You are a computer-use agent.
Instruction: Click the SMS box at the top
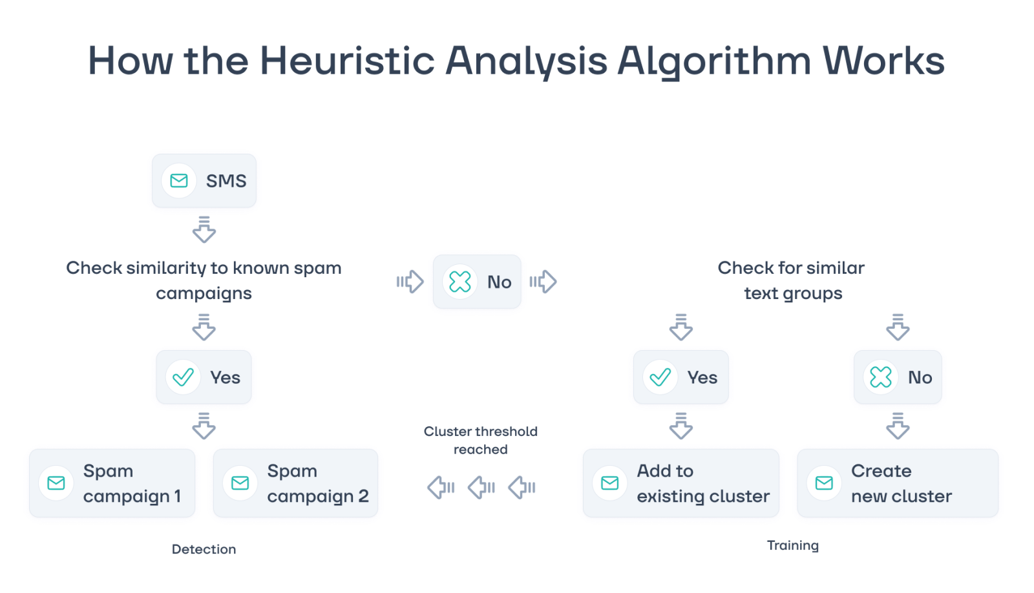tap(204, 180)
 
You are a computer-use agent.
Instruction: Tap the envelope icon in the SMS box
tap(178, 180)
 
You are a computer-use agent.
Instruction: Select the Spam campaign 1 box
tap(112, 483)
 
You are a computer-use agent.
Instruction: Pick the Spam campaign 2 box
tap(295, 483)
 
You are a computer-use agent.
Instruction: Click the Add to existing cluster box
tap(681, 483)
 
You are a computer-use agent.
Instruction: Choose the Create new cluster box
tap(898, 483)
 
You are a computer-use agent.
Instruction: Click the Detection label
tap(204, 549)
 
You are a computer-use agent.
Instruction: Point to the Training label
tap(792, 546)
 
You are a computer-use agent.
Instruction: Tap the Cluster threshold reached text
tap(481, 441)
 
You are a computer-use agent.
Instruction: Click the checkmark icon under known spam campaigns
tap(184, 377)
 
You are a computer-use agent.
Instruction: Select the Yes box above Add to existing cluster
tap(681, 377)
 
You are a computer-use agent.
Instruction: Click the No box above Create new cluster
tap(898, 377)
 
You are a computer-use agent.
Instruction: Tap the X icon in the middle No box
tap(459, 282)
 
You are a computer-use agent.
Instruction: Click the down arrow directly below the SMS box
tap(204, 229)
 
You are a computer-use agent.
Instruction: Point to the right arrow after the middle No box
tap(543, 282)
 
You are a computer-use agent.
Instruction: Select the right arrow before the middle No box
tap(410, 282)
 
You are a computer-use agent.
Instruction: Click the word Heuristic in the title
tap(347, 61)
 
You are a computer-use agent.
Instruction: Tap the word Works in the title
tap(883, 61)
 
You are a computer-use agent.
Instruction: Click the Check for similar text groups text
tap(792, 280)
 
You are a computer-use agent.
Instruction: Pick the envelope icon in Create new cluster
tap(824, 483)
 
